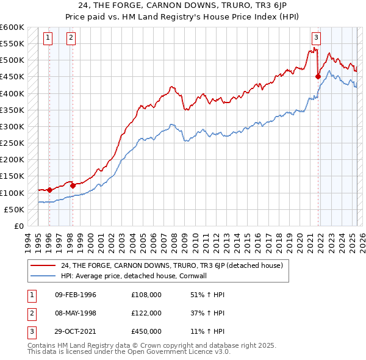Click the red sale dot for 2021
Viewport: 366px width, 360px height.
click(x=318, y=76)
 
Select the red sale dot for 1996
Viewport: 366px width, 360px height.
click(x=49, y=190)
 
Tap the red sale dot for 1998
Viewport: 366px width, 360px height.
click(x=73, y=185)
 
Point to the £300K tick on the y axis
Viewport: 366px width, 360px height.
click(x=12, y=127)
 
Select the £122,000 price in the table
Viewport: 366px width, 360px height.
click(x=146, y=313)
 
